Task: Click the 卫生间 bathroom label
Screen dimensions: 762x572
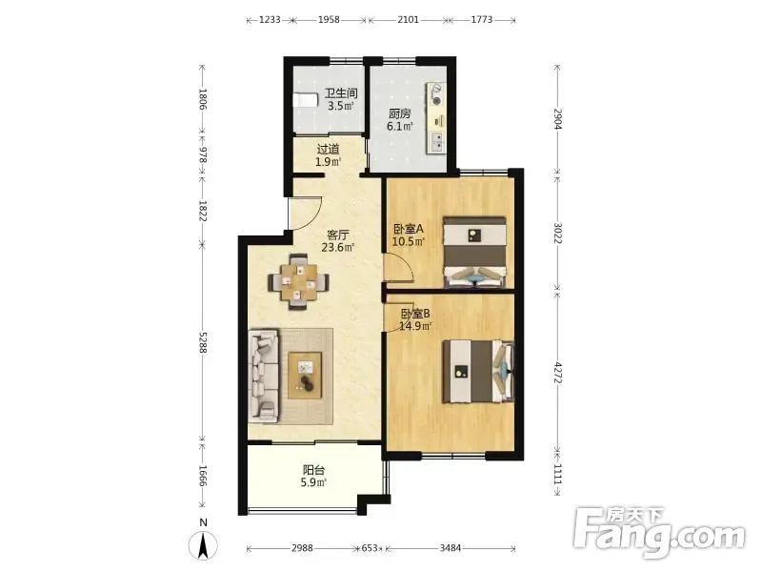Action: (x=341, y=92)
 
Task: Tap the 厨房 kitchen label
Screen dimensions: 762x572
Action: (x=399, y=113)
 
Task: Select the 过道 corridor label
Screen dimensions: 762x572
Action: (x=328, y=150)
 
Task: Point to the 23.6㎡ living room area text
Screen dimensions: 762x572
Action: (x=338, y=247)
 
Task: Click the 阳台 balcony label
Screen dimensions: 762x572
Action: (x=313, y=470)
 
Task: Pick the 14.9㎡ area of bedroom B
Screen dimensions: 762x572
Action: (x=415, y=326)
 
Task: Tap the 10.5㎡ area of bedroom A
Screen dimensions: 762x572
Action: (x=409, y=241)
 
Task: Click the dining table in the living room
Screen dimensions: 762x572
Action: (x=298, y=282)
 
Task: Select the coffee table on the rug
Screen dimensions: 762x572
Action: (x=305, y=376)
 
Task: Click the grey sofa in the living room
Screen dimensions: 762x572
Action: (x=264, y=376)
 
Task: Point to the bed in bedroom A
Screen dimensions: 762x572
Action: (x=475, y=252)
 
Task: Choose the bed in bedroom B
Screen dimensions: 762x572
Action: (x=478, y=372)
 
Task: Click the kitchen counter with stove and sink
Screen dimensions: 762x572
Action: (x=436, y=118)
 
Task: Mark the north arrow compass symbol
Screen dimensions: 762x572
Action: (x=204, y=544)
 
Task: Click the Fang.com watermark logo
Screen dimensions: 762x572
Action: (x=659, y=533)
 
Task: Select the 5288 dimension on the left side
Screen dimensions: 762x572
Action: (x=203, y=342)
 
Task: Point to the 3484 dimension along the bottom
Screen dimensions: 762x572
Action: (x=450, y=549)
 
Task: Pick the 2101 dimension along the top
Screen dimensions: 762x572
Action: (x=408, y=19)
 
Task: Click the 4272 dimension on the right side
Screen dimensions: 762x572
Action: (x=557, y=373)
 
